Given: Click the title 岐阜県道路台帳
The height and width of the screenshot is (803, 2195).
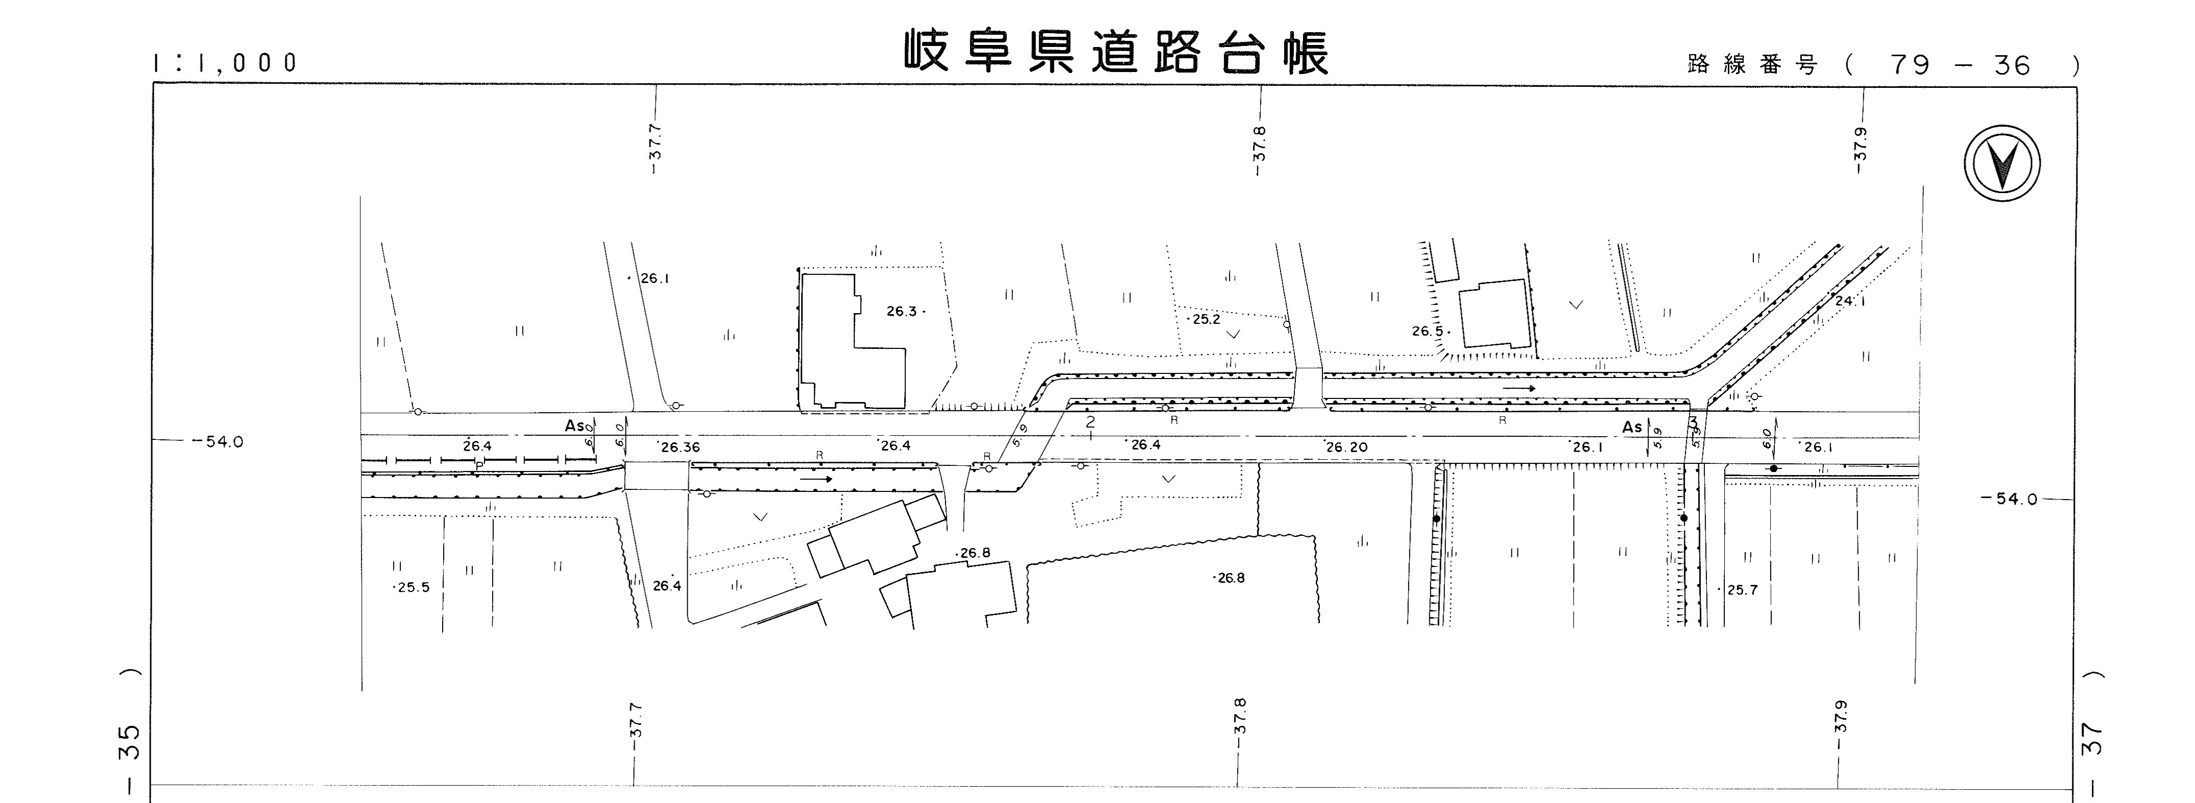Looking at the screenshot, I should [x=1116, y=53].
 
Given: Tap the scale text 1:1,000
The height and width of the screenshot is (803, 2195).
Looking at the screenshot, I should [x=226, y=62].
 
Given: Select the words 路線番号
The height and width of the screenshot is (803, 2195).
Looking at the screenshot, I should [x=1751, y=65].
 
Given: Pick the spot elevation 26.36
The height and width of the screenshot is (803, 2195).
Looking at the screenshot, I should [x=679, y=446].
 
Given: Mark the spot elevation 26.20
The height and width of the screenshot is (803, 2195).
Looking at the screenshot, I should [x=1347, y=446].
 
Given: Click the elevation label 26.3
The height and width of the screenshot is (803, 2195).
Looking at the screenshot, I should [x=902, y=311].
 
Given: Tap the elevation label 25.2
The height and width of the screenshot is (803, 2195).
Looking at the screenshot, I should [x=1205, y=320].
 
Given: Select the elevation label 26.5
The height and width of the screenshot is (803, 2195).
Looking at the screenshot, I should [x=1427, y=330].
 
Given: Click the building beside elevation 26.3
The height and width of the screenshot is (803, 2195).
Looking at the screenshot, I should [x=852, y=341].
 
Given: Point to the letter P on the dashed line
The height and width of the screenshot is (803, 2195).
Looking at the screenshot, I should [x=480, y=464].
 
